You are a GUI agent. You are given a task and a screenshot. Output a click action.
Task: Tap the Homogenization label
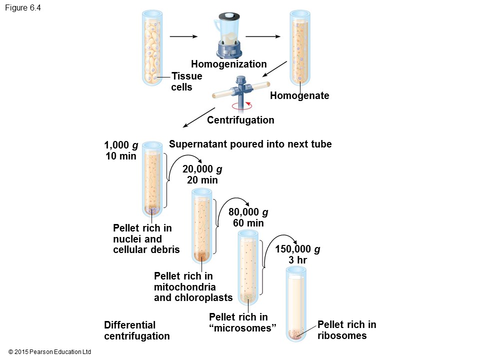(x=229, y=64)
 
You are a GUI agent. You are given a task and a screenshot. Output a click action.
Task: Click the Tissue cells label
(x=186, y=81)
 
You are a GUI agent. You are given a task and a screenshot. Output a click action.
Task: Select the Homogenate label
(x=299, y=95)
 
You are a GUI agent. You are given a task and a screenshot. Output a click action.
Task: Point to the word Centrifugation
(x=240, y=120)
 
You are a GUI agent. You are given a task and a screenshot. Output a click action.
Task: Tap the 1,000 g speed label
(x=121, y=145)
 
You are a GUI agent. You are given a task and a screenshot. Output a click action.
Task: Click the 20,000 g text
(x=202, y=169)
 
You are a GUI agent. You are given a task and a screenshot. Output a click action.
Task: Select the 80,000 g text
(x=248, y=212)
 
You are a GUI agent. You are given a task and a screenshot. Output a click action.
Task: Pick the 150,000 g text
(x=297, y=249)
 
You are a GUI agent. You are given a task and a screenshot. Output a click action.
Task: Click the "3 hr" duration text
(x=297, y=260)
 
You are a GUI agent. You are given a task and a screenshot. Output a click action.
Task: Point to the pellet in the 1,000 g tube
(x=152, y=210)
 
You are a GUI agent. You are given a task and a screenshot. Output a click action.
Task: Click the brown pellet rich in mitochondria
(x=201, y=256)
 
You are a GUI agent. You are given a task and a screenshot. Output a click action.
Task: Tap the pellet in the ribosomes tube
(x=296, y=333)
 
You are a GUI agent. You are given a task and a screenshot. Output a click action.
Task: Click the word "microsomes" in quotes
(x=243, y=328)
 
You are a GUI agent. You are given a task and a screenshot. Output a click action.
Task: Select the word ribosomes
(x=342, y=335)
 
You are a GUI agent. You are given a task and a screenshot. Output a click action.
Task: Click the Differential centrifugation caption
(x=136, y=330)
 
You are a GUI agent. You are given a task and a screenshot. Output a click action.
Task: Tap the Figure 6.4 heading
(x=22, y=8)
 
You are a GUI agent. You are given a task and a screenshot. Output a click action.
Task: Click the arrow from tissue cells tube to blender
(x=183, y=36)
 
